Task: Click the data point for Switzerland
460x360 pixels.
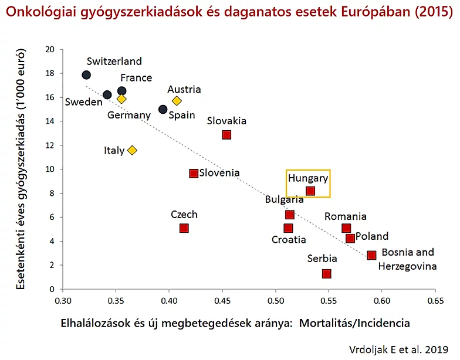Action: point(86,75)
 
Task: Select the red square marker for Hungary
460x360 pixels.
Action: point(310,191)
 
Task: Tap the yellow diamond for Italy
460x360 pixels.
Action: point(132,150)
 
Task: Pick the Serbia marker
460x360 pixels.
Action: point(327,274)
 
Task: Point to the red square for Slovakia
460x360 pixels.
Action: point(226,135)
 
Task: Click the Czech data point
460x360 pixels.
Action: point(184,228)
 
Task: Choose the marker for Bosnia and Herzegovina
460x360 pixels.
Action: point(371,256)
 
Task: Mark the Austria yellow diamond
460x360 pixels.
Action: point(177,101)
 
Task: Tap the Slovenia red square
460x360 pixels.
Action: point(194,173)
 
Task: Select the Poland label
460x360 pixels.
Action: point(372,236)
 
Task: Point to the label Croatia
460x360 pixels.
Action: point(289,239)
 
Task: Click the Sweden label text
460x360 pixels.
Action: point(84,102)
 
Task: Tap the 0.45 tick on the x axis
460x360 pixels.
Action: point(222,300)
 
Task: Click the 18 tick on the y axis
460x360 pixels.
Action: point(50,73)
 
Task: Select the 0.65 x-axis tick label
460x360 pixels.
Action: point(435,300)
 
